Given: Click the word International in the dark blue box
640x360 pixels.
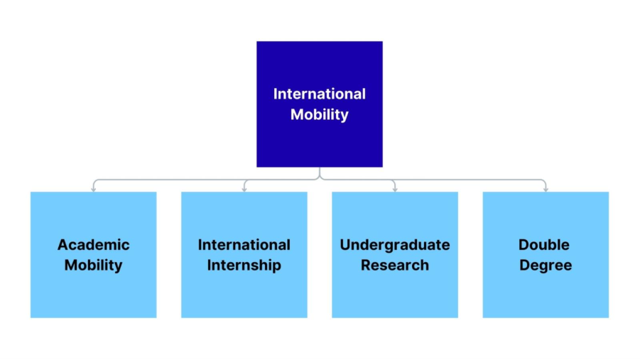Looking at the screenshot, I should pos(320,94).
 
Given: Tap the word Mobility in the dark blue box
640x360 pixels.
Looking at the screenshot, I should pos(320,114).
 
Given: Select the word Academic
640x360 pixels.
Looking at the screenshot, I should pos(94,245).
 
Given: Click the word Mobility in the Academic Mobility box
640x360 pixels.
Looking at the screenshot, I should pos(94,266).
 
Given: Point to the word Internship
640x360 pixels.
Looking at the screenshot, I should pos(244,266).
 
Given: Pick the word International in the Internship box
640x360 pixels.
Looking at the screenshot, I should pos(244,245).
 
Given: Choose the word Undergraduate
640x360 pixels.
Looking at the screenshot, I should pos(395,245).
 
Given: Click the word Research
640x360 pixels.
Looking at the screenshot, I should pos(395,266).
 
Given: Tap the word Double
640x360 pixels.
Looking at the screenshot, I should pos(546,245).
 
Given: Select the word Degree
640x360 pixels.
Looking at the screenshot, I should pos(546,266).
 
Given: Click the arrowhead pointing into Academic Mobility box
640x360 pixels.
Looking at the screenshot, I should pos(94,189).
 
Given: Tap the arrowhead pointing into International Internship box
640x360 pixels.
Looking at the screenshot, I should pos(244,189).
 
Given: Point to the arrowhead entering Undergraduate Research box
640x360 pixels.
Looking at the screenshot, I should pos(395,189).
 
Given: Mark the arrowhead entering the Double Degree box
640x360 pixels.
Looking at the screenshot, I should pos(546,189).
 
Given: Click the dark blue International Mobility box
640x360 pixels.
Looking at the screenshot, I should pos(320,142).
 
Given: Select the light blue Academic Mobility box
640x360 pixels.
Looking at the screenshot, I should pos(94,295).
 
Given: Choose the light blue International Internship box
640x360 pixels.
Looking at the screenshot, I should pos(244,295).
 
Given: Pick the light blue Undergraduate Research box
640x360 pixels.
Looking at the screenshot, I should pos(395,295).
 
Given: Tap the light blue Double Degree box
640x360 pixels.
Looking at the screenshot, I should pos(546,295).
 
